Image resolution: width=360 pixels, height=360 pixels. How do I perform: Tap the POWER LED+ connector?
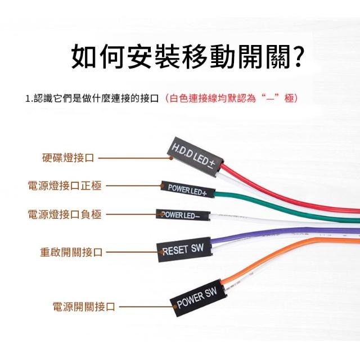(187, 190)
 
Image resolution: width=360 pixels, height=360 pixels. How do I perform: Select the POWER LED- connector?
(183, 215)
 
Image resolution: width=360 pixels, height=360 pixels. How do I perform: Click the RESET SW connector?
(184, 249)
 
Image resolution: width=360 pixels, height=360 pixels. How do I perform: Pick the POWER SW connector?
(198, 298)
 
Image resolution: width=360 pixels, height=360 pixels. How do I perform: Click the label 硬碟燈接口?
(68, 157)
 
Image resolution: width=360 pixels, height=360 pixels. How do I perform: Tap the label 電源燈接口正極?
(65, 186)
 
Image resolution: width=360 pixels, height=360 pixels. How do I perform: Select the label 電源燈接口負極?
(65, 214)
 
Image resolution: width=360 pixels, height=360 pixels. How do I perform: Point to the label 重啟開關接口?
(71, 252)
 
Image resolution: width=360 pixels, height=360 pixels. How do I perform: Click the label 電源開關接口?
(84, 307)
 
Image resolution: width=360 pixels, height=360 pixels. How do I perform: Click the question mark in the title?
(298, 57)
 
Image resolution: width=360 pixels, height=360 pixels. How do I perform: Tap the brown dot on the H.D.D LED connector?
(171, 158)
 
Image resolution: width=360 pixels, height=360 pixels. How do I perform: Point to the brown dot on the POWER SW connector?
(175, 307)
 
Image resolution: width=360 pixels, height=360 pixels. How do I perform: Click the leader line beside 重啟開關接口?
(134, 252)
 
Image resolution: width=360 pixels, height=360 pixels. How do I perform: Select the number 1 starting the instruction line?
(28, 99)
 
